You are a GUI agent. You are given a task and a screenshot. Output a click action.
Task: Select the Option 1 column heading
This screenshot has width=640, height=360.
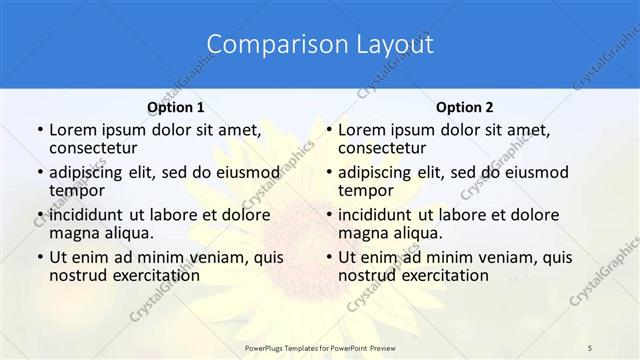[176, 107]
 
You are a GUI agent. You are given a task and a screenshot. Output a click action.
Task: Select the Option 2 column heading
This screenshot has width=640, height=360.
[465, 107]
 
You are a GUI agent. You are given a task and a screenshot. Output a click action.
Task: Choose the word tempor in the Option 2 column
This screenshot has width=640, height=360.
[366, 190]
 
